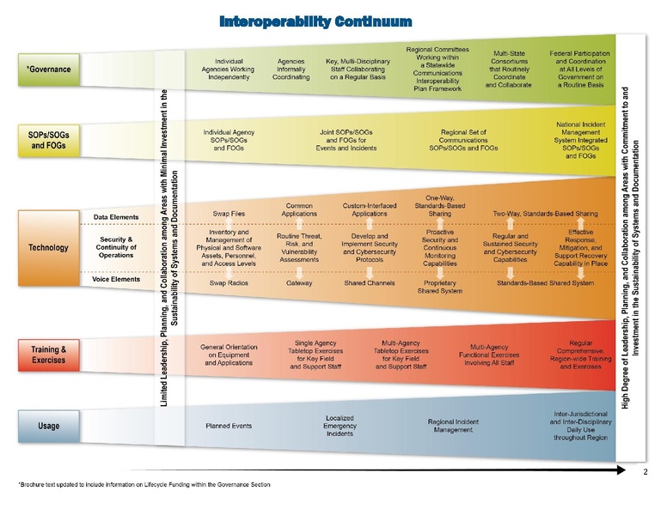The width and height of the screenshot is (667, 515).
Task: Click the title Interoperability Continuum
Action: click(315, 20)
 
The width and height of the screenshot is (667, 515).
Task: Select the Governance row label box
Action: click(49, 70)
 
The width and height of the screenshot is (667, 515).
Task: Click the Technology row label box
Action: click(49, 248)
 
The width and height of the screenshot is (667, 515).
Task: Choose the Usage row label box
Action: click(49, 426)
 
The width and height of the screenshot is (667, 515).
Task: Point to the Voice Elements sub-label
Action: click(116, 280)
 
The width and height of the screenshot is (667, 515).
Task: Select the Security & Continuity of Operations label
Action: click(116, 247)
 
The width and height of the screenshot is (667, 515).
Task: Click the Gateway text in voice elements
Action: click(299, 282)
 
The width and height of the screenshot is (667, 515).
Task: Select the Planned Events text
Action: click(229, 426)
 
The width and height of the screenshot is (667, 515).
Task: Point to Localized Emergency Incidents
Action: click(340, 426)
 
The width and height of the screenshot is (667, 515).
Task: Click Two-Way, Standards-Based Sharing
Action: click(545, 213)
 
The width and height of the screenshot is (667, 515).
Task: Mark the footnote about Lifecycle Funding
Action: click(144, 485)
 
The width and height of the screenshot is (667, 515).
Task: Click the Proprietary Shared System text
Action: click(441, 287)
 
